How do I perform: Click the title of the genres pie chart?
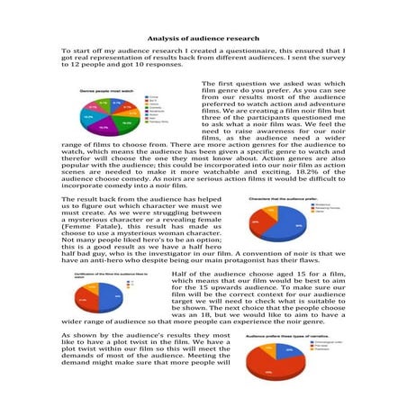100,91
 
